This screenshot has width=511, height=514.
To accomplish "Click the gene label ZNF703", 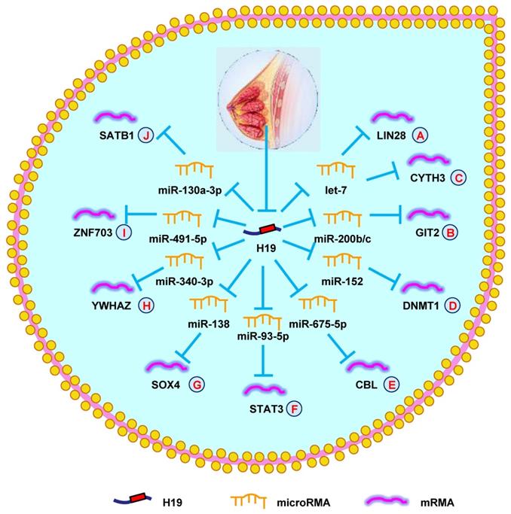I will click(94, 233).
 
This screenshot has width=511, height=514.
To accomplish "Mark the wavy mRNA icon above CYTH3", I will click(427, 160).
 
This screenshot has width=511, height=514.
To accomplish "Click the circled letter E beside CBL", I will click(393, 384).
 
